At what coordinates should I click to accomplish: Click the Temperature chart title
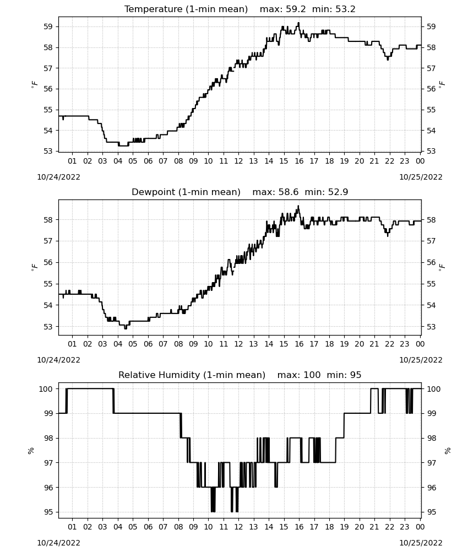(240, 9)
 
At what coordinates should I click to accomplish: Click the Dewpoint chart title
(240, 192)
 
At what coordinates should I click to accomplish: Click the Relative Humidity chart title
(240, 375)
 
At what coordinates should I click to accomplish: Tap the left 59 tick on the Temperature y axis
(48, 26)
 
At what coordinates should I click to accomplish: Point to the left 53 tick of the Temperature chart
(48, 151)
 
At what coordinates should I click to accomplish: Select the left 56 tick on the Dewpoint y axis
(48, 262)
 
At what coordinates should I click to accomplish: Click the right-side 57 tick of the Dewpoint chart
(431, 241)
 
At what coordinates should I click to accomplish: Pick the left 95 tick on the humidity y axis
(48, 512)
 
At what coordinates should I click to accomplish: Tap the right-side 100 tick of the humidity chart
(434, 389)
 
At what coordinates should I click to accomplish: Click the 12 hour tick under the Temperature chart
(238, 161)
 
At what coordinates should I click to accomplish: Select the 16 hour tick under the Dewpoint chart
(299, 344)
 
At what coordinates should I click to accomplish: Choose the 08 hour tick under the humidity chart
(178, 527)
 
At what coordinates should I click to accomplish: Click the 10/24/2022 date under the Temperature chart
(58, 177)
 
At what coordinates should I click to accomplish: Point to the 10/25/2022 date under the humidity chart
(421, 543)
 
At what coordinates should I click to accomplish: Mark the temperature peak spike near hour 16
(298, 23)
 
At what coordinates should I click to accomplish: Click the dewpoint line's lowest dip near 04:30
(126, 328)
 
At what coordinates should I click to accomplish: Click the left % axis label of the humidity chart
(31, 451)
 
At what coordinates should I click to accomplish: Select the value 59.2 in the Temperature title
(296, 9)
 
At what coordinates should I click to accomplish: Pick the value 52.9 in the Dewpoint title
(338, 192)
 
